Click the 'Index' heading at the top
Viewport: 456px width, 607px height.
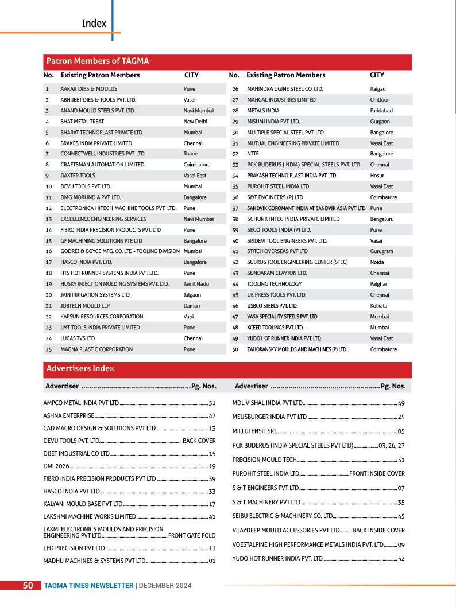point(94,24)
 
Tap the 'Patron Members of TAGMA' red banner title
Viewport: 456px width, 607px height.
point(98,61)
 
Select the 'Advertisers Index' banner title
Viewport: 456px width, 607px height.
point(80,368)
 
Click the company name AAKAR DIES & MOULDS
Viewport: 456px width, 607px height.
point(89,89)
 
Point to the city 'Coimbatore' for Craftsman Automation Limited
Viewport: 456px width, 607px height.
point(197,165)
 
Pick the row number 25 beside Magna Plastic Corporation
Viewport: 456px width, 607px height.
point(48,349)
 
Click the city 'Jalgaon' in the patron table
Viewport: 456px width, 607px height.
point(193,295)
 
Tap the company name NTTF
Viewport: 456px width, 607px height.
point(253,154)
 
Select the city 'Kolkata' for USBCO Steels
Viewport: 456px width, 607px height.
point(378,306)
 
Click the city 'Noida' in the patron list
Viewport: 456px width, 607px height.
point(377,262)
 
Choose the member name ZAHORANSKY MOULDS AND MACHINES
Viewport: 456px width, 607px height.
point(297,349)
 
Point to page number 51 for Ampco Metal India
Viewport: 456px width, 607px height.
point(212,403)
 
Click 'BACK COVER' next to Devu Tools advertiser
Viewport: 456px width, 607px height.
point(199,441)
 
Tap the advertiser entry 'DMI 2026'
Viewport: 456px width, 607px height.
point(55,466)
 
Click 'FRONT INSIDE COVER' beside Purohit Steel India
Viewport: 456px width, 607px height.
point(377,474)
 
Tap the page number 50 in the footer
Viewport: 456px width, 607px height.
point(28,586)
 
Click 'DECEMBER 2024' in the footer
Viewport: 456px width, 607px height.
point(165,586)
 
